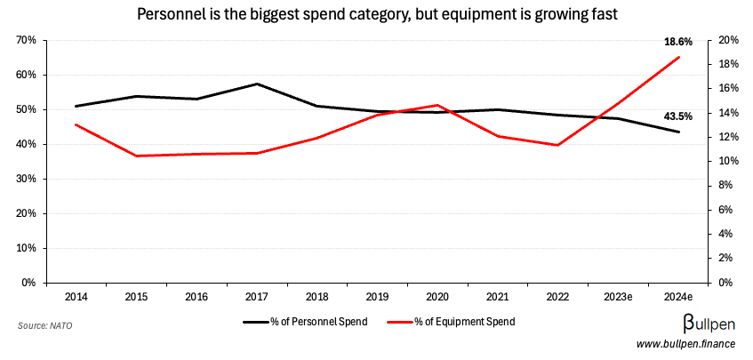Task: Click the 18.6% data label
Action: coord(678,42)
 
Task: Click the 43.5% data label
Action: coord(678,116)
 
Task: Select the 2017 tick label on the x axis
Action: coord(257,295)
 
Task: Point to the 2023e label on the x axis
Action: coord(619,295)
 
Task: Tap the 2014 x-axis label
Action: coord(76,295)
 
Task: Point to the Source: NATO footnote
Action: coord(45,326)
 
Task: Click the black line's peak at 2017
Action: coord(257,84)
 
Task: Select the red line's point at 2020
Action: coord(437,105)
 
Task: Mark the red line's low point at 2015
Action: coord(136,156)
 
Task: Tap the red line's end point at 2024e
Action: coord(679,58)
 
